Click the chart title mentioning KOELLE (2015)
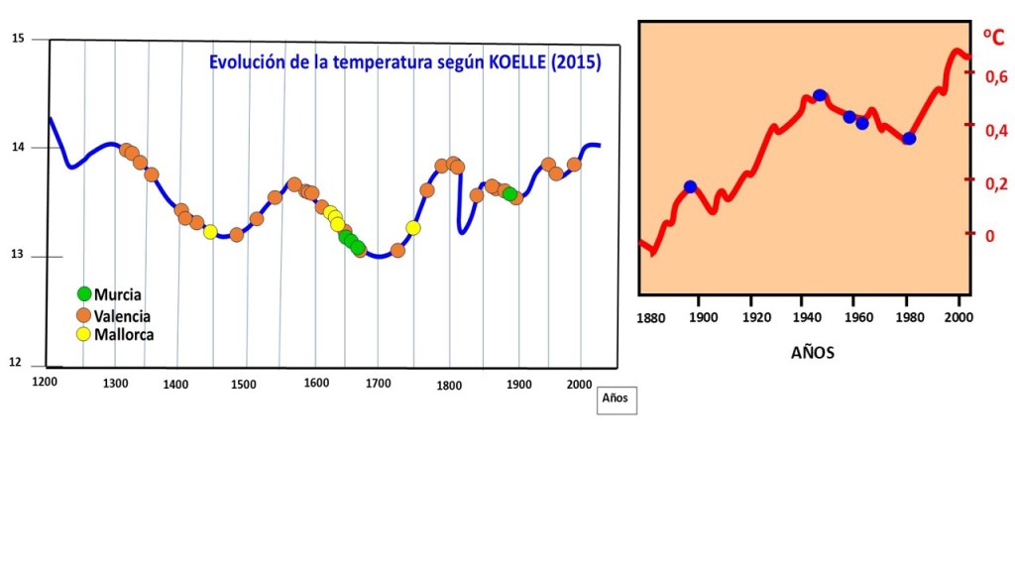tap(404, 61)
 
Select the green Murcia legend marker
tap(84, 293)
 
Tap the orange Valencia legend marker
tap(84, 314)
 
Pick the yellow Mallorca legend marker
tap(84, 334)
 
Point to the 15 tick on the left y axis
tap(17, 39)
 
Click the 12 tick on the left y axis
tap(17, 363)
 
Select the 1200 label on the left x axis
tap(44, 381)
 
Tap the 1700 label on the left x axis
tap(378, 384)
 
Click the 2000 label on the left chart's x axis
tap(581, 384)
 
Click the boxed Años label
tap(616, 399)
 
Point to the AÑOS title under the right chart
tap(812, 352)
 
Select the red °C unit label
tap(993, 39)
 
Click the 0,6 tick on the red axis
tap(994, 76)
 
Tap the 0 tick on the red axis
tap(988, 236)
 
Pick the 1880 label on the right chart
tap(651, 318)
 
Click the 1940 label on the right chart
tap(805, 318)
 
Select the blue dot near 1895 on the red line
tap(690, 186)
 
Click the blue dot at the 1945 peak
tap(820, 95)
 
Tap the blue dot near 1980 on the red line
tap(909, 138)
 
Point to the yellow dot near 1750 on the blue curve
tap(413, 228)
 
